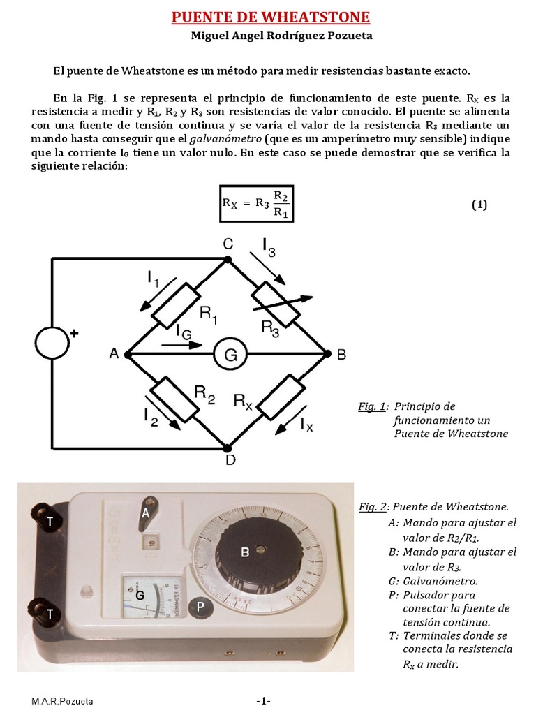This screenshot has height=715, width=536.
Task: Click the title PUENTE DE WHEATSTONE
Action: pos(271,17)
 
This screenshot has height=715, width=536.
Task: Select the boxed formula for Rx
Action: pos(257,203)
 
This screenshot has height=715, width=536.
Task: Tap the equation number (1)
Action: pos(479,205)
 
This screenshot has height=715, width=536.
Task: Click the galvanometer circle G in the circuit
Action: pos(230,355)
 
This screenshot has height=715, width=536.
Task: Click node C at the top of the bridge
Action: pos(228,259)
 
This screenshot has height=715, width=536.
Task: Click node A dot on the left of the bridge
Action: pos(128,355)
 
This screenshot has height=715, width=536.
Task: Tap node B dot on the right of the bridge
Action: pos(327,355)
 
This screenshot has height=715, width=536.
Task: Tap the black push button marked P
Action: pos(200,607)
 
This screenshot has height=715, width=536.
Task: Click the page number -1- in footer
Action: pos(263,700)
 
